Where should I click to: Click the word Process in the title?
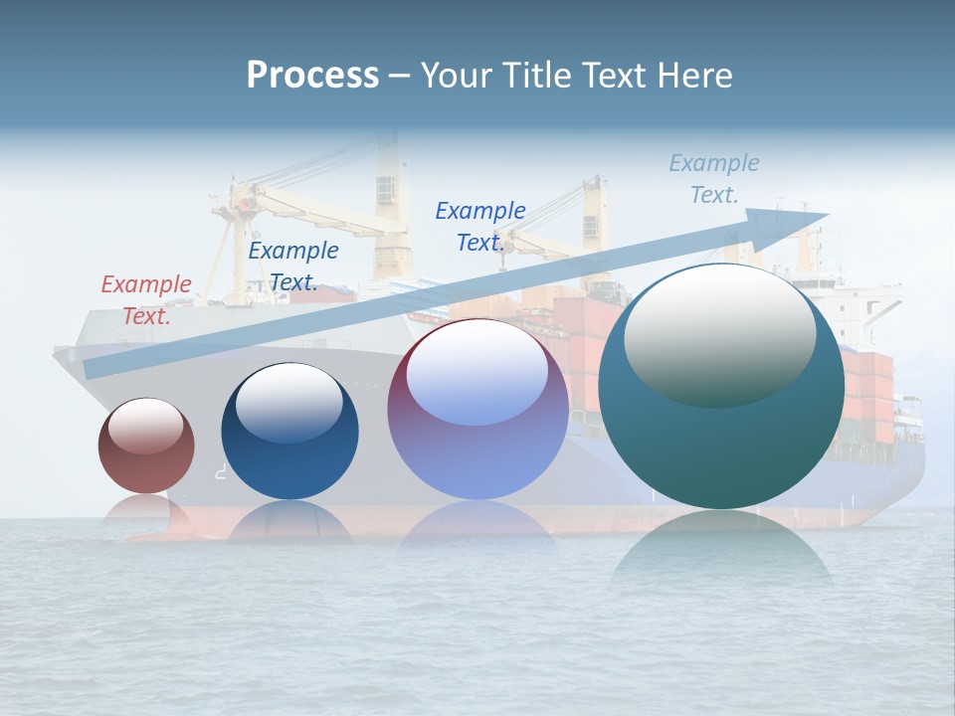[x=312, y=75]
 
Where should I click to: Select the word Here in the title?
[x=696, y=76]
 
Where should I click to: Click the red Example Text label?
[x=146, y=300]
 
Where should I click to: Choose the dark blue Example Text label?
[x=293, y=267]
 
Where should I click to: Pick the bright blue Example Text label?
[x=480, y=227]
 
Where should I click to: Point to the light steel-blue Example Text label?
[x=714, y=179]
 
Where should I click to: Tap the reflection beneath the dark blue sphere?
[x=289, y=522]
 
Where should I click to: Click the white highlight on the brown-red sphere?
[x=145, y=426]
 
